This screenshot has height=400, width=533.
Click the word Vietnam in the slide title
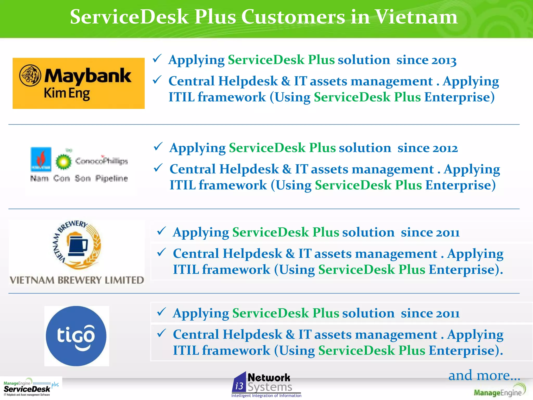pos(416,17)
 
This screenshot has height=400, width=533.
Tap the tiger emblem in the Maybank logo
pos(30,76)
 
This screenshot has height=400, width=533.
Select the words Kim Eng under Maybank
pos(67,93)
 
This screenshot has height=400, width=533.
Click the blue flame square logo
pos(41,159)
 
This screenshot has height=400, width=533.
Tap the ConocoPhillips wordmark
pos(101,161)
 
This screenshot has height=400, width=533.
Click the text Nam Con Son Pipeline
pos(79,178)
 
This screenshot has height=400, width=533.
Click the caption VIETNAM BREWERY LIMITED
pos(77,280)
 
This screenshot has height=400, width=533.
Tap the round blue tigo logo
pos(76,336)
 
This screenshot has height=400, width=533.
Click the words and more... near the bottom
pos(484,376)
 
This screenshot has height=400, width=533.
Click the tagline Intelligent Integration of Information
pos(266,396)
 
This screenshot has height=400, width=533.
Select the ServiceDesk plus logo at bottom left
pos(31,387)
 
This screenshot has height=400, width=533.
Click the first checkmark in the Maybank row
pos(157,59)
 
